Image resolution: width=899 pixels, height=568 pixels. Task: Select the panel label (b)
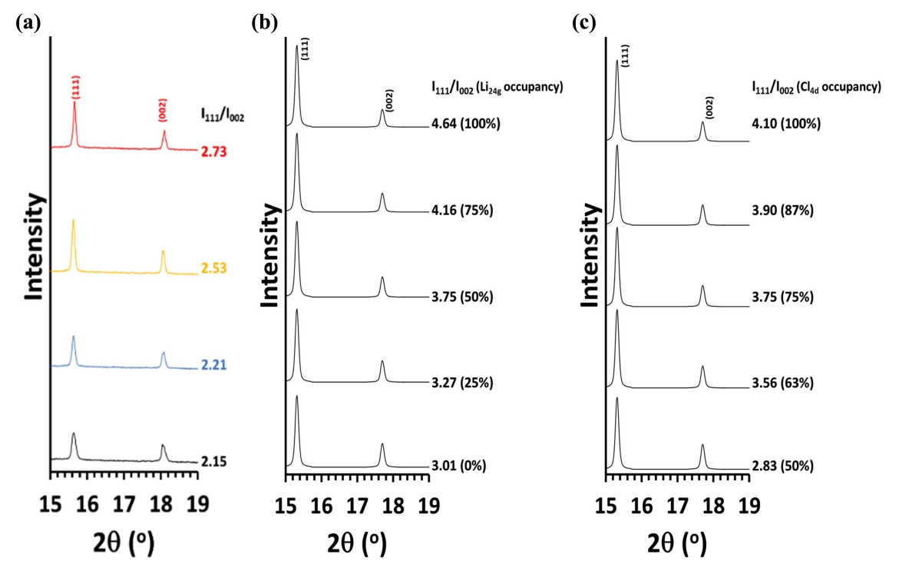pyautogui.click(x=264, y=23)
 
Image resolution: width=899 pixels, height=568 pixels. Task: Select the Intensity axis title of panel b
pyautogui.click(x=270, y=255)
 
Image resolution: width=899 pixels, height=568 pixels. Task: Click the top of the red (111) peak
pyautogui.click(x=74, y=101)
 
